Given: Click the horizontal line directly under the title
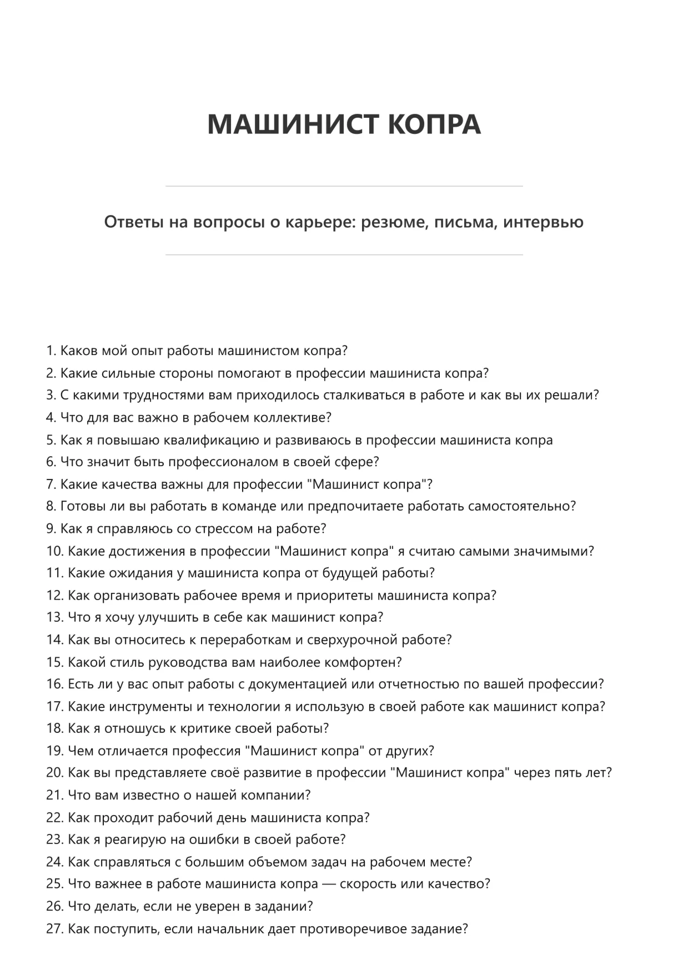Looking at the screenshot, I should (x=344, y=186).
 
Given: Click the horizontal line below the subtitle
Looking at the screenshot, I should (x=344, y=255).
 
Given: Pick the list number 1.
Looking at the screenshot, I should (x=51, y=351).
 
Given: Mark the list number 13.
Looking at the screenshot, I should (x=55, y=617).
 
